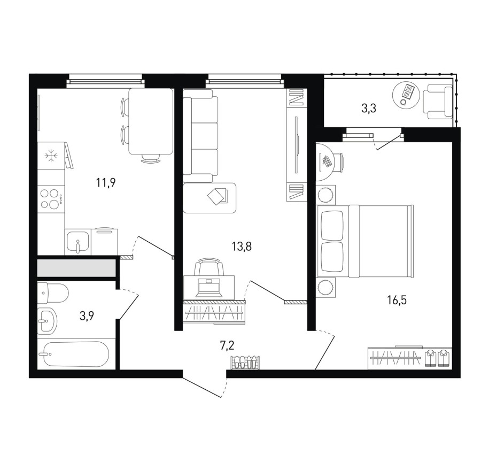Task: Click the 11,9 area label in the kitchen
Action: [105, 183]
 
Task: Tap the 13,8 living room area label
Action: [242, 246]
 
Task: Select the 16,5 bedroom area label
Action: [397, 300]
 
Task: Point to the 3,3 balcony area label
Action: [369, 109]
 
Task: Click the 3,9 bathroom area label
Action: [87, 315]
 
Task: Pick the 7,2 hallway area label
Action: [227, 345]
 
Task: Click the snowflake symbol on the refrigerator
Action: [51, 156]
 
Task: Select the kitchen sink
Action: [78, 242]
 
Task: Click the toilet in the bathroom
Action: [53, 292]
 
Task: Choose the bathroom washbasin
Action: [48, 321]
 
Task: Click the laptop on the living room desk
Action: [211, 288]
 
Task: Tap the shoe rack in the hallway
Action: [246, 362]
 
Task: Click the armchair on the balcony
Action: [437, 102]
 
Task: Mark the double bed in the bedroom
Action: [364, 242]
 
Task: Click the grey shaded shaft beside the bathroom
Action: [76, 268]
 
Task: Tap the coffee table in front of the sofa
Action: [210, 198]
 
